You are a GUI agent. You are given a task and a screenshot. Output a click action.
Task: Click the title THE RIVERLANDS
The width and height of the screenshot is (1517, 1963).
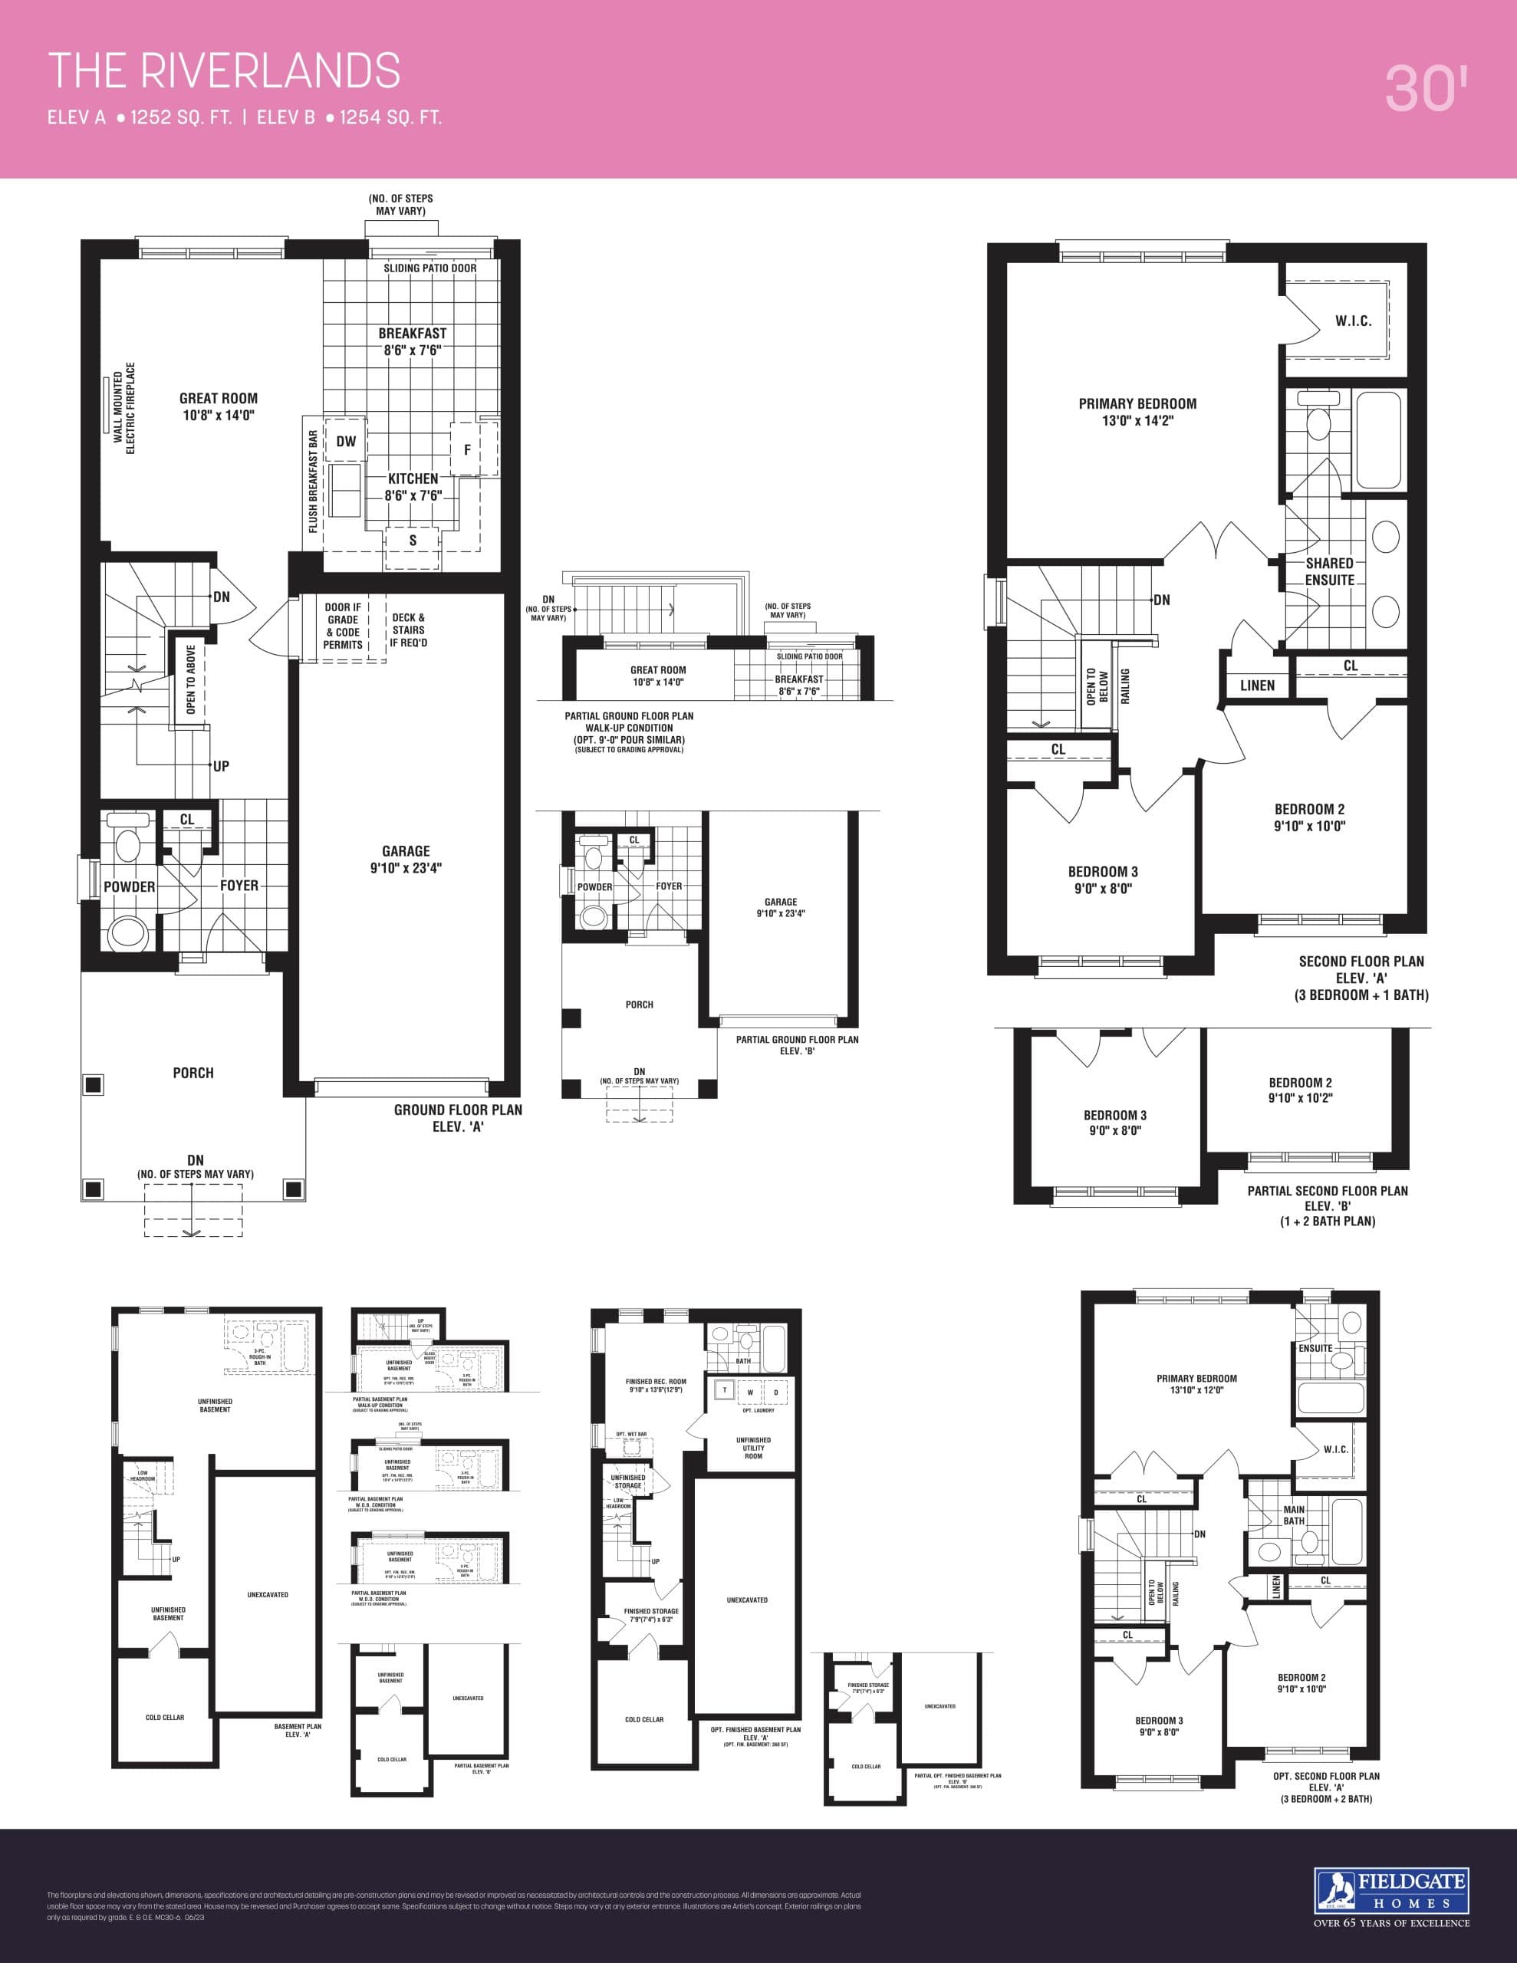224,71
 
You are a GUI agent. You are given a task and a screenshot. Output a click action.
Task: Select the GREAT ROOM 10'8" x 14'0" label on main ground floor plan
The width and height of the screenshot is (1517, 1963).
219,406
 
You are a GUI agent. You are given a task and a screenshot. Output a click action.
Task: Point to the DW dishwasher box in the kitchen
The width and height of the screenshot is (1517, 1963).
346,442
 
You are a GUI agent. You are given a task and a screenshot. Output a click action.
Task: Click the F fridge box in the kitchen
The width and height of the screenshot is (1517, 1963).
467,449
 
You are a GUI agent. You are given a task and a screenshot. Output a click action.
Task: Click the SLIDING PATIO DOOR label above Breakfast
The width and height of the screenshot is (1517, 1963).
429,268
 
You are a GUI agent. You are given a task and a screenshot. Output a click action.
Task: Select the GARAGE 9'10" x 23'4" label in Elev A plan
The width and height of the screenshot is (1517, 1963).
406,860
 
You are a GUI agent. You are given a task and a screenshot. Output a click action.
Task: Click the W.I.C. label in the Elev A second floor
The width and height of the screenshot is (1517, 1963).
1352,321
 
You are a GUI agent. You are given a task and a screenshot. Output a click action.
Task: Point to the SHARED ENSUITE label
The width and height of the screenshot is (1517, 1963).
1330,571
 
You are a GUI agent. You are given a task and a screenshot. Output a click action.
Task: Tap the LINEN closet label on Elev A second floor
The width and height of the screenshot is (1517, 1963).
1257,685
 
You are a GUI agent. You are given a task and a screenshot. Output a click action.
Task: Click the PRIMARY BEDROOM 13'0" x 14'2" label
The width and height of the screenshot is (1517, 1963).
1137,412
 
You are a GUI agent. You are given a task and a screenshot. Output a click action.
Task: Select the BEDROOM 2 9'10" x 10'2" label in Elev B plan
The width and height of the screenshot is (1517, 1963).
1300,1090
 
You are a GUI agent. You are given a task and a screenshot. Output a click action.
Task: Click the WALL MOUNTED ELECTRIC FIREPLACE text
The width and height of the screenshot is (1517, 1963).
124,409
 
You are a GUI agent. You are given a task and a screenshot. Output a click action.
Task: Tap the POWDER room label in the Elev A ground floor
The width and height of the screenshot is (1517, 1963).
130,886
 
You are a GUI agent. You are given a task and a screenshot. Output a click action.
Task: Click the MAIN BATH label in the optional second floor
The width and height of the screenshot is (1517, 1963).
1293,1515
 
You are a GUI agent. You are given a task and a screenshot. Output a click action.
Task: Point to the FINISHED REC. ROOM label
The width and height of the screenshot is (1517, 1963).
656,1385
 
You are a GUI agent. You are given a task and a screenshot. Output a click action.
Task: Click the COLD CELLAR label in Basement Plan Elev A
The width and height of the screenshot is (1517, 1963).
165,1717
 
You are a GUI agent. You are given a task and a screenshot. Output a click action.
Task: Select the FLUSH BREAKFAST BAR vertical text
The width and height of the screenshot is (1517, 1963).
313,482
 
